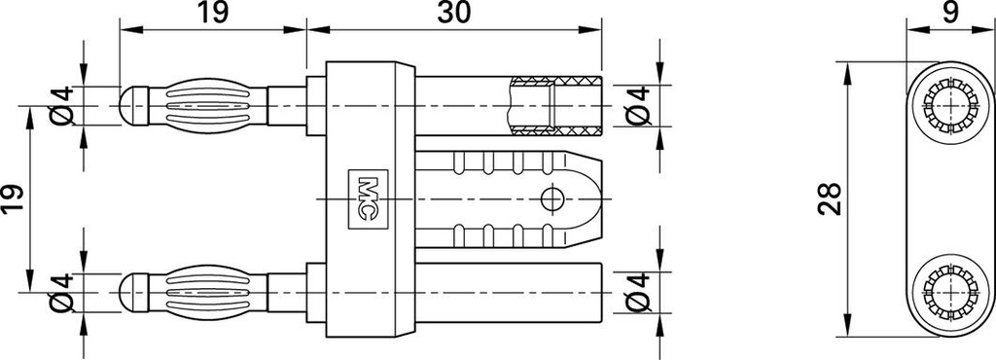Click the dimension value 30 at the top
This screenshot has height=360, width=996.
(454, 13)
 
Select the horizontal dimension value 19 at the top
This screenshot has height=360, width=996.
(212, 13)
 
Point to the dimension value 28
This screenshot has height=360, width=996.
(830, 199)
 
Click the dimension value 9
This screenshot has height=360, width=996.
(950, 13)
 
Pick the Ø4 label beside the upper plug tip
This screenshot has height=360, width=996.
(61, 106)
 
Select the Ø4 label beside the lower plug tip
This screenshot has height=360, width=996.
(61, 293)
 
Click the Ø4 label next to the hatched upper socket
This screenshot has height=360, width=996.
(638, 106)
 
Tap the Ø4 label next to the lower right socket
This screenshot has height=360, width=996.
(638, 293)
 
